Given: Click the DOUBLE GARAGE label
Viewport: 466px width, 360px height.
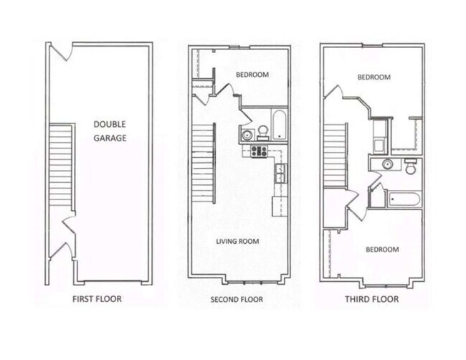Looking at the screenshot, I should pyautogui.click(x=110, y=131).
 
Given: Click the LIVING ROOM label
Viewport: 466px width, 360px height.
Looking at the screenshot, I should pyautogui.click(x=237, y=242).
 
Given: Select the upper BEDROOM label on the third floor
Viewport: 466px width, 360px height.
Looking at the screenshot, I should pyautogui.click(x=374, y=77).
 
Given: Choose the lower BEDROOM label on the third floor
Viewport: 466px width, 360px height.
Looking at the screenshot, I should pyautogui.click(x=382, y=249).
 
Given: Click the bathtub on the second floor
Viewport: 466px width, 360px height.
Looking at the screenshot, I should pyautogui.click(x=278, y=125).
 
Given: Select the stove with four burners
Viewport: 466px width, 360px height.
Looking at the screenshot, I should pyautogui.click(x=258, y=151).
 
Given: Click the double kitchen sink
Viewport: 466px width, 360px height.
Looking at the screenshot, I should pyautogui.click(x=280, y=172).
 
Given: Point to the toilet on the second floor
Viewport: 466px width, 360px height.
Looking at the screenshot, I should pyautogui.click(x=263, y=131).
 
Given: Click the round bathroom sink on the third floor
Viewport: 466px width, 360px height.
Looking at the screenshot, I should pyautogui.click(x=386, y=164).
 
